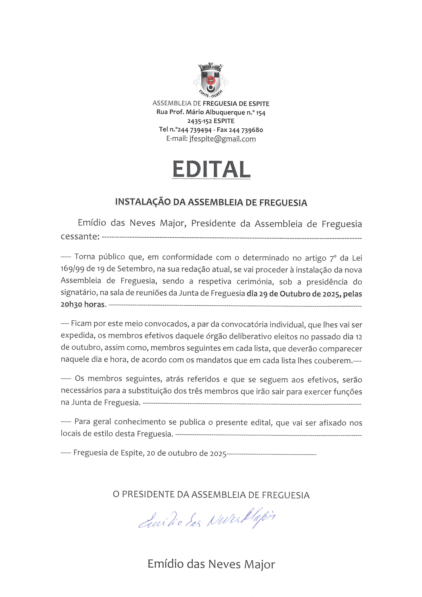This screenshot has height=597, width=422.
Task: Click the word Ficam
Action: pos(81,324)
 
